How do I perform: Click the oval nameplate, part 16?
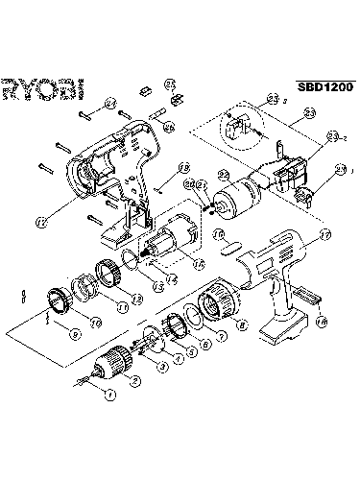pyautogui.click(x=229, y=248)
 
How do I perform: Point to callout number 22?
pyautogui.click(x=224, y=175)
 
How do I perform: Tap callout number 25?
pyautogui.click(x=170, y=84)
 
